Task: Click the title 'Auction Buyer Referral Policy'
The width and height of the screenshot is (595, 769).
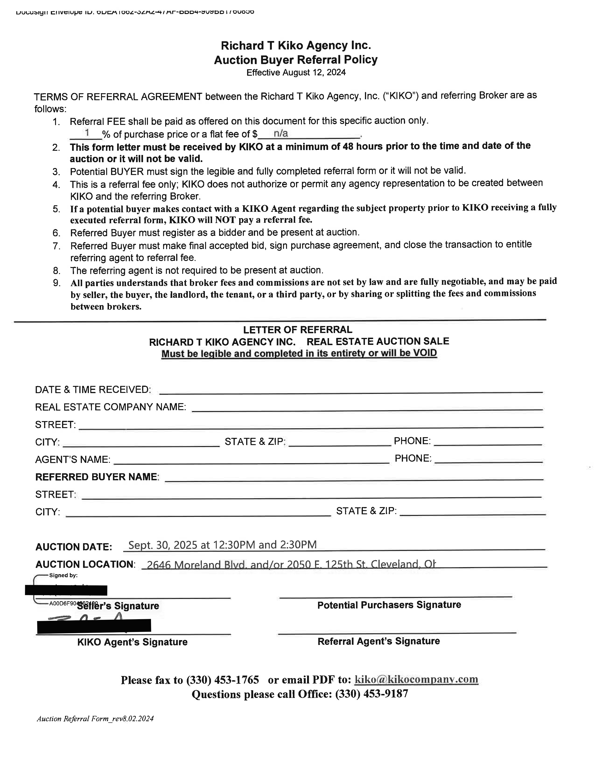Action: [296, 60]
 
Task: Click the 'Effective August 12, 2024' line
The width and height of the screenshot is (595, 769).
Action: [296, 72]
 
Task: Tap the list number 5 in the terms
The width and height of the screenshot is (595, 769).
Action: [56, 209]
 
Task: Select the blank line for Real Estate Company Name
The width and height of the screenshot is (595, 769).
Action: [367, 409]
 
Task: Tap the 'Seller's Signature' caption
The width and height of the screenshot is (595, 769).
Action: [118, 606]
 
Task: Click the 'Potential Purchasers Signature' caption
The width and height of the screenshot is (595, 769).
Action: [389, 605]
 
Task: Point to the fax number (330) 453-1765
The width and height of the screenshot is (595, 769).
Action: [222, 680]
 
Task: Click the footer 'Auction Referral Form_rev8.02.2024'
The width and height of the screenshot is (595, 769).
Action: [95, 719]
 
